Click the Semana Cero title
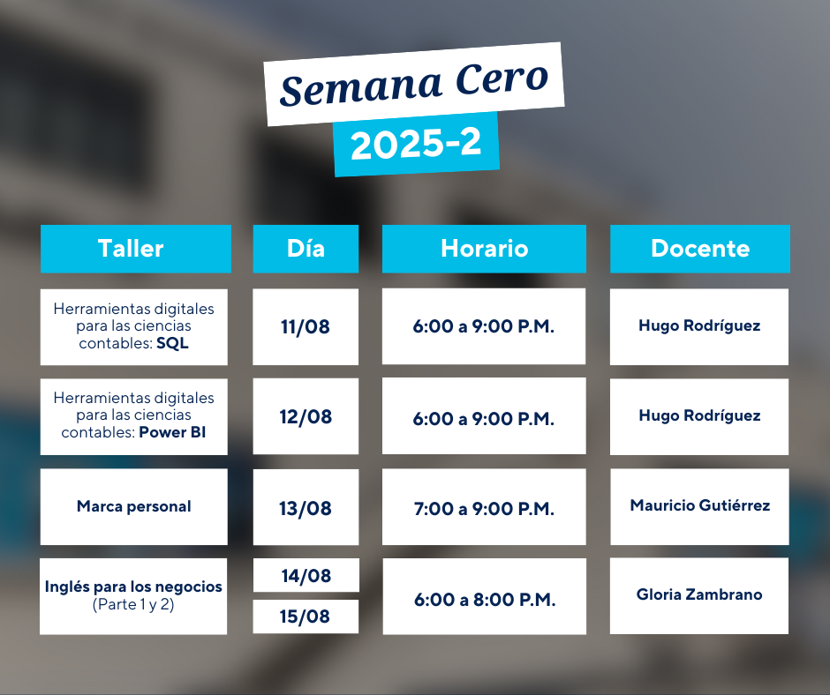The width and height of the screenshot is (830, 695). [x=414, y=84]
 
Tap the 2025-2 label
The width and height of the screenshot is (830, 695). [x=416, y=144]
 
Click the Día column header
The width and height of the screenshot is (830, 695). [x=306, y=249]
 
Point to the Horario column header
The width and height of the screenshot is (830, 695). [x=484, y=249]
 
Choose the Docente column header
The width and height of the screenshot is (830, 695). [x=700, y=249]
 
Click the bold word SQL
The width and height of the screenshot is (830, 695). [x=172, y=343]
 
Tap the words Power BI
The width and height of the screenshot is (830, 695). [x=172, y=432]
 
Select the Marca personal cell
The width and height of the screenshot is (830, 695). [x=134, y=507]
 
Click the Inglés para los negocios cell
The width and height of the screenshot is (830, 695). [x=133, y=596]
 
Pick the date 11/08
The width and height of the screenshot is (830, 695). [x=306, y=327]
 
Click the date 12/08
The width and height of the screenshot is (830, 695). [x=306, y=417]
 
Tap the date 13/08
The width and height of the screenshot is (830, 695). [x=306, y=508]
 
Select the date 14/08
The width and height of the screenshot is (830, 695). [x=306, y=575]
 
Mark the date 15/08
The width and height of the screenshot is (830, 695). [x=305, y=617]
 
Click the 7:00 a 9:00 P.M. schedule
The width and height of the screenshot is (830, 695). [x=484, y=509]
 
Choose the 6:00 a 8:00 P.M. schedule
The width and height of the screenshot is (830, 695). [x=485, y=599]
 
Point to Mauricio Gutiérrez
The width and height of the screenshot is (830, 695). [x=700, y=505]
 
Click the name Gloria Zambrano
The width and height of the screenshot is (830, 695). [x=699, y=594]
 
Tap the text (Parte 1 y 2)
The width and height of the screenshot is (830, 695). [x=133, y=604]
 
